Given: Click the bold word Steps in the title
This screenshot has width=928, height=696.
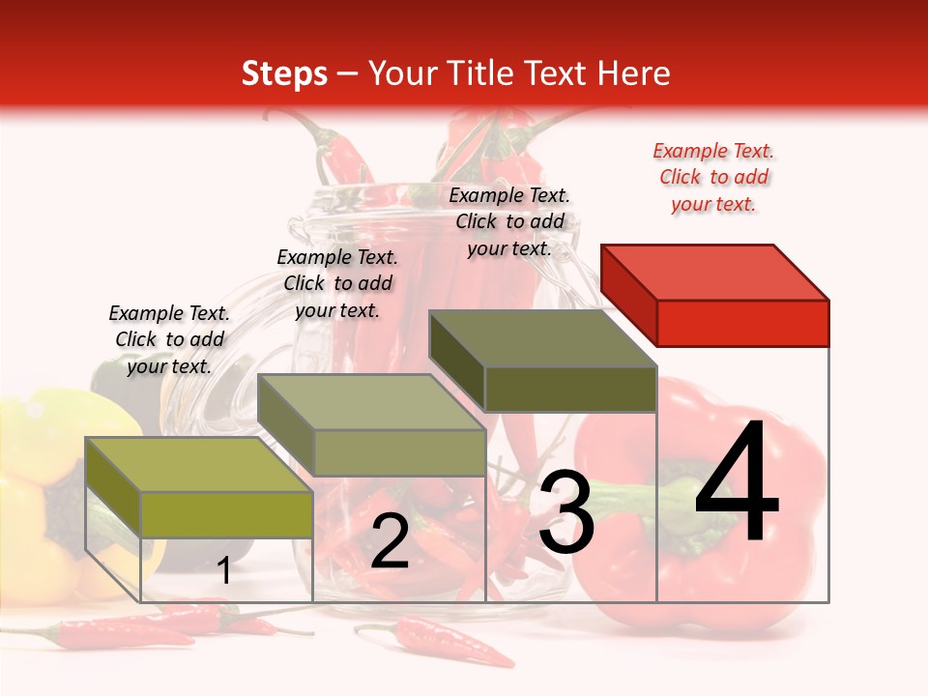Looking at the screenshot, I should (x=283, y=73).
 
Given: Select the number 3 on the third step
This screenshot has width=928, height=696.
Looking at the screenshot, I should (x=566, y=512).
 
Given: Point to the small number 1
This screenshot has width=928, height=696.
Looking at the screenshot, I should (x=223, y=571).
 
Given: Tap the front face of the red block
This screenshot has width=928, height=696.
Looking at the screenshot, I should (x=742, y=323).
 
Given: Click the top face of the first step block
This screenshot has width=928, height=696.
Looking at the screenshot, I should (x=198, y=465).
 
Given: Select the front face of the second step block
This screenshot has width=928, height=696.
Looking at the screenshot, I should (x=399, y=452).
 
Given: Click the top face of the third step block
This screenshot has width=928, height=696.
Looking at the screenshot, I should (x=541, y=338).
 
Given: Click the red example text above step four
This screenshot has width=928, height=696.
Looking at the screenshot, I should (x=713, y=178).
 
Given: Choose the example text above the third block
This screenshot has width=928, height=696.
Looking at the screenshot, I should (x=509, y=222).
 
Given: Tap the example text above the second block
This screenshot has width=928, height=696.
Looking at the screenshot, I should (x=337, y=283).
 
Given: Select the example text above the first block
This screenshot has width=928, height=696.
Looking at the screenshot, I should (x=169, y=340).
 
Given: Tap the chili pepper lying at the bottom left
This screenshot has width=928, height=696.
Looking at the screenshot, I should (x=116, y=633).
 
